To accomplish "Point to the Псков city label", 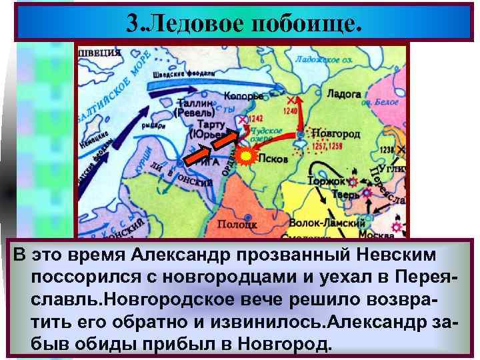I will [x=273, y=160].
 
